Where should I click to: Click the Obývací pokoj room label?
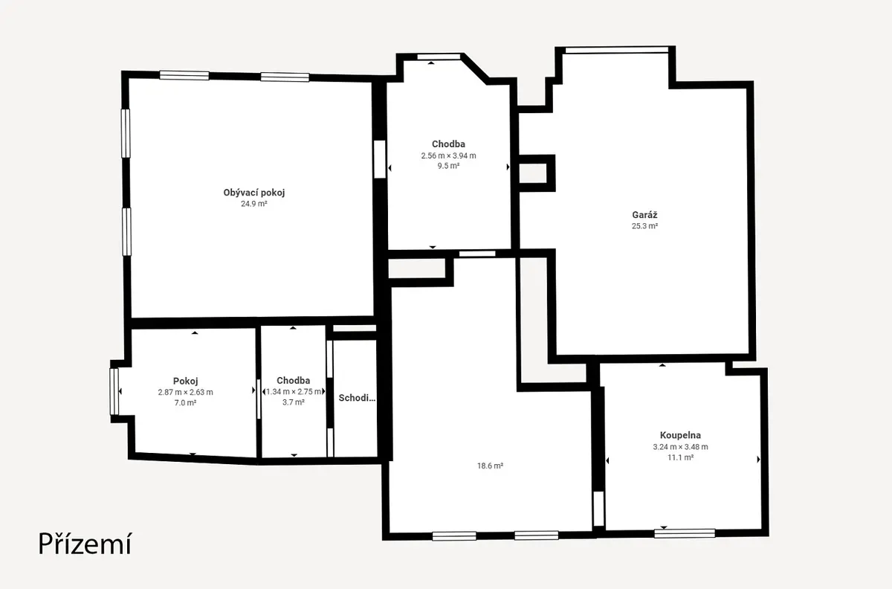[254, 193]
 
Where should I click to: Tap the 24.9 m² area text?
[254, 204]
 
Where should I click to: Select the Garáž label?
[644, 215]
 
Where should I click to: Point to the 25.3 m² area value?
[644, 226]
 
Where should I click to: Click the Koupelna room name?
[681, 435]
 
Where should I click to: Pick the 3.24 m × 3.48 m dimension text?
[681, 447]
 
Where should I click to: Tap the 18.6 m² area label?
[490, 466]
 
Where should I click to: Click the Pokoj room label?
[186, 381]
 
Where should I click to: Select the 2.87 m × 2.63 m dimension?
[186, 392]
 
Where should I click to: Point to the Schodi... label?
[357, 398]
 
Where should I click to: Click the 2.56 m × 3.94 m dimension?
[449, 156]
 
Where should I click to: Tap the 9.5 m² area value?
[449, 166]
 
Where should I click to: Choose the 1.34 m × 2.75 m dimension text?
[294, 392]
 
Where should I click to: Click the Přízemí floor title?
[85, 544]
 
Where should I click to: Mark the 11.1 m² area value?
[681, 457]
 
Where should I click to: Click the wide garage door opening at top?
[617, 51]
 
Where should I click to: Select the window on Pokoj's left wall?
[114, 391]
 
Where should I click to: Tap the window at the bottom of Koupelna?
[685, 533]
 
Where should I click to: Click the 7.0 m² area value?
[186, 403]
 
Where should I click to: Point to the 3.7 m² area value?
[294, 402]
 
